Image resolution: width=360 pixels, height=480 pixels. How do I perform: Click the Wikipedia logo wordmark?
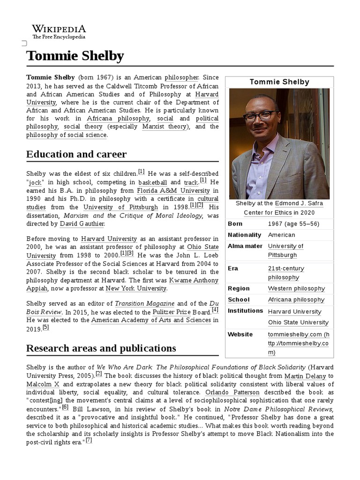(x=59, y=29)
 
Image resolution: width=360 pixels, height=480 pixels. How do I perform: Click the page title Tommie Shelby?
(x=75, y=56)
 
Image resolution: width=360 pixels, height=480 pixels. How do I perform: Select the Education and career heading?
(x=76, y=154)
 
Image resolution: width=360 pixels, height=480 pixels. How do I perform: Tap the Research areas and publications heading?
(x=101, y=348)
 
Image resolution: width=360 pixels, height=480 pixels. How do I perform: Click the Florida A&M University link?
(x=172, y=191)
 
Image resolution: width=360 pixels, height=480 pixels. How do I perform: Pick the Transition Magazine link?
(x=144, y=304)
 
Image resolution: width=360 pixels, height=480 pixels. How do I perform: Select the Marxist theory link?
(x=164, y=127)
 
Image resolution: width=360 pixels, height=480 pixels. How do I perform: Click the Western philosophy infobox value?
(x=296, y=288)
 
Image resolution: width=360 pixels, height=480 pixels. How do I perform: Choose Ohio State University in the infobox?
(x=298, y=322)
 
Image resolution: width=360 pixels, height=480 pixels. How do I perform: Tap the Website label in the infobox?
(x=240, y=334)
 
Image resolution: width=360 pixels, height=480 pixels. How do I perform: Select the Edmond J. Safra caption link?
(x=299, y=203)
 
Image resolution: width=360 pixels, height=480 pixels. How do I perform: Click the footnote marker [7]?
(x=89, y=441)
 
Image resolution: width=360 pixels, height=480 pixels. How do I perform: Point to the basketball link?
(x=152, y=182)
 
